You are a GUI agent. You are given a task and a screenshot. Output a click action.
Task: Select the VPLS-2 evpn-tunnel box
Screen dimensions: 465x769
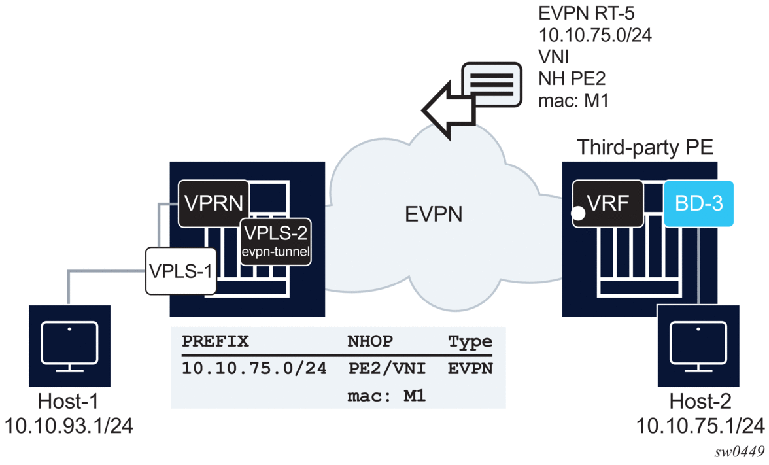pos(275,241)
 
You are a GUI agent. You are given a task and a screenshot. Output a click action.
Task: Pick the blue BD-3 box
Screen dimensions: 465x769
pos(698,203)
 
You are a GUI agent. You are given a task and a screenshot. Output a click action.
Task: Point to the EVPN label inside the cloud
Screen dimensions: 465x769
pos(433,213)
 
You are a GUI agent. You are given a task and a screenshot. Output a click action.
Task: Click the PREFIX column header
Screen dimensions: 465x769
pos(215,341)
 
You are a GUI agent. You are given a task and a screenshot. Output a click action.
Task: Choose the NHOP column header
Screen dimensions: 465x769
pos(370,341)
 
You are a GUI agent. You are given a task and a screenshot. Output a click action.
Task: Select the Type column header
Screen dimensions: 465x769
pos(470,341)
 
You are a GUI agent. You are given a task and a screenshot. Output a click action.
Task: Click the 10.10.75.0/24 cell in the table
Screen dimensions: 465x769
pos(254,369)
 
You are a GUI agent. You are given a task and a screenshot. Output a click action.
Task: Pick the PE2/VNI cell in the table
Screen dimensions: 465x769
pos(387,369)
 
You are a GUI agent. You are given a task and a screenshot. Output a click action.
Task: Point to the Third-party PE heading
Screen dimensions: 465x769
pos(644,148)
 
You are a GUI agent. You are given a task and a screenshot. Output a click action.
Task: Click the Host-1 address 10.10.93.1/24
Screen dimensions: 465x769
pos(69,426)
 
